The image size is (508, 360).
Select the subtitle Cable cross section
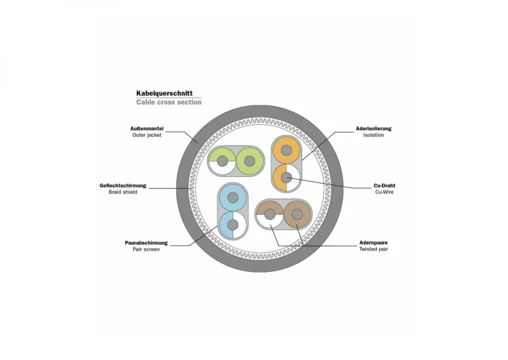168,102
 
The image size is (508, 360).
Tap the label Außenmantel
146,128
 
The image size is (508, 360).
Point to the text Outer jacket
146,135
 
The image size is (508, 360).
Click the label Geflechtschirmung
123,186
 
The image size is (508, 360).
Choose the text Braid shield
123,193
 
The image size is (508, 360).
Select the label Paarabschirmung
146,242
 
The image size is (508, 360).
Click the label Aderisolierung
373,128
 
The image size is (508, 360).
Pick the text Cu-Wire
385,193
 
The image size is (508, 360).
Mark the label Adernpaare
373,242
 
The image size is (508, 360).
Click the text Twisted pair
373,249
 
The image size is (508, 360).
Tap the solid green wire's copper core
249,161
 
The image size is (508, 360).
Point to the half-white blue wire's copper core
233,225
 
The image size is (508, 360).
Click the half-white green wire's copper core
223,161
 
